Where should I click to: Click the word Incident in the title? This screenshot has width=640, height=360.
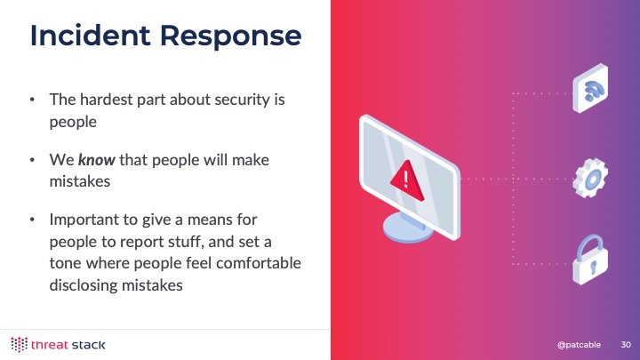(91, 35)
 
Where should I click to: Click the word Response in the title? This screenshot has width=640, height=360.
(230, 36)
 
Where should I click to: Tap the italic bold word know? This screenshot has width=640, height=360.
(97, 160)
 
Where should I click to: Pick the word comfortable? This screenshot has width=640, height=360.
(259, 263)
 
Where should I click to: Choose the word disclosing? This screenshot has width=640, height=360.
(84, 285)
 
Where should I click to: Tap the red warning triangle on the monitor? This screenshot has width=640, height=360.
(406, 180)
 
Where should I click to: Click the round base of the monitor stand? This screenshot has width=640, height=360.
(407, 228)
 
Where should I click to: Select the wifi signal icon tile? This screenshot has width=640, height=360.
(590, 89)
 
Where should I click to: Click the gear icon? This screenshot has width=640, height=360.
(590, 178)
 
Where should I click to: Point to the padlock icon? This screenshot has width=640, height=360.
(590, 260)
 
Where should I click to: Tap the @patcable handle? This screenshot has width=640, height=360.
(579, 345)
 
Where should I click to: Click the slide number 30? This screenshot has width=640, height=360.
(626, 345)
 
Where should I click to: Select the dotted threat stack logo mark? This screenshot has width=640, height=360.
(19, 345)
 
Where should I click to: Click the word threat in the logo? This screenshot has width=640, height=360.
(50, 345)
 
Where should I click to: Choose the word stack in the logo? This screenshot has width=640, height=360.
(88, 345)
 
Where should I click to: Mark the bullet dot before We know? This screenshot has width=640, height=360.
(32, 160)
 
